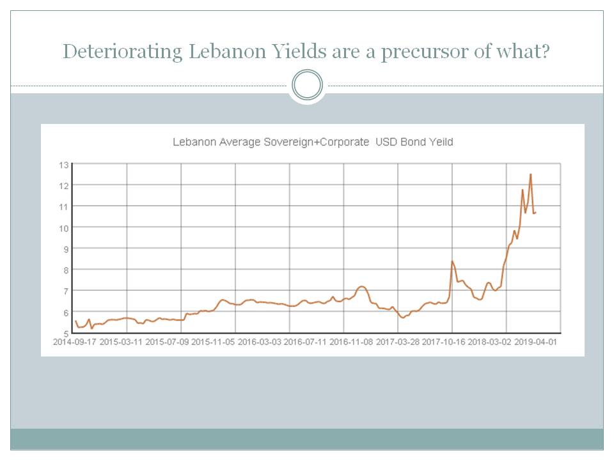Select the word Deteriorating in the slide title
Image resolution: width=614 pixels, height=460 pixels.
(122, 51)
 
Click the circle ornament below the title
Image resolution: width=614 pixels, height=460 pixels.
(307, 85)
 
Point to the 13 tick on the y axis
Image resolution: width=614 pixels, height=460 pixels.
(63, 164)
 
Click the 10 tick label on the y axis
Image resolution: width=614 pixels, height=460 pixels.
(63, 227)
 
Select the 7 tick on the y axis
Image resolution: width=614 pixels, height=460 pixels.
(64, 291)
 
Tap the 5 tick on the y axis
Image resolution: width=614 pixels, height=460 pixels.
(65, 333)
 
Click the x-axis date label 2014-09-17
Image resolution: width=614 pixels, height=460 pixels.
(75, 341)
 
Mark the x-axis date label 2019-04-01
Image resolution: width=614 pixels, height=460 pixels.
(536, 341)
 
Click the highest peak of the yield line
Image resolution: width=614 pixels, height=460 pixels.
(530, 174)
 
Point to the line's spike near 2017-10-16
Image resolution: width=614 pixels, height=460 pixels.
(452, 261)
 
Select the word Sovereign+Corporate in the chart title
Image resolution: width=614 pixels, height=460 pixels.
(316, 142)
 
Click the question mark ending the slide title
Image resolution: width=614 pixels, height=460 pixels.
(545, 51)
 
